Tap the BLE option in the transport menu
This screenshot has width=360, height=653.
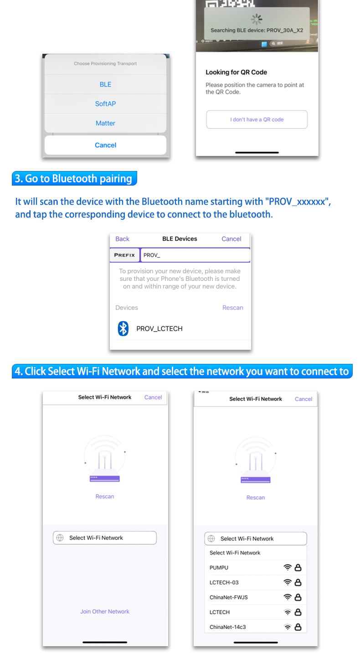pos(105,84)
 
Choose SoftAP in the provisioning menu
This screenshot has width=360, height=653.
pos(105,104)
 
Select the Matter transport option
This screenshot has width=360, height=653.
pos(105,123)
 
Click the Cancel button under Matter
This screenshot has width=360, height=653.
pos(105,145)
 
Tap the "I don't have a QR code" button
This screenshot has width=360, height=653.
pos(257,119)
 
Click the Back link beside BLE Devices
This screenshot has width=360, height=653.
pos(122,239)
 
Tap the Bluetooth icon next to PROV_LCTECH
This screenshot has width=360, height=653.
pos(123,328)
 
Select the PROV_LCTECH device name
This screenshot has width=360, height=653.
pos(159,329)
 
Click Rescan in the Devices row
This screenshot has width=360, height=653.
pos(232,308)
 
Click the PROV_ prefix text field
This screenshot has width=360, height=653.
pos(195,255)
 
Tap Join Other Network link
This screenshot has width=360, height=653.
pos(104,612)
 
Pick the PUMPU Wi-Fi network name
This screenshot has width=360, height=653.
pos(219,568)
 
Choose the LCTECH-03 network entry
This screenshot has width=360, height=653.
pos(224,583)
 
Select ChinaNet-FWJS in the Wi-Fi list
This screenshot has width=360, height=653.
pos(229,598)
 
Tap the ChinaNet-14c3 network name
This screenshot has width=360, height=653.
pos(227,627)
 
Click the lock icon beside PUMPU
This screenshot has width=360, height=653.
pos(298,568)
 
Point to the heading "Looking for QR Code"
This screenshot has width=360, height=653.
pos(236,73)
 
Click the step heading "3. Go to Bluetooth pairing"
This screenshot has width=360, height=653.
pos(74,178)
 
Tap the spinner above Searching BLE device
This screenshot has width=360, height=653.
pos(257,20)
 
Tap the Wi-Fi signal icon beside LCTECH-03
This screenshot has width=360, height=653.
pos(288,582)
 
